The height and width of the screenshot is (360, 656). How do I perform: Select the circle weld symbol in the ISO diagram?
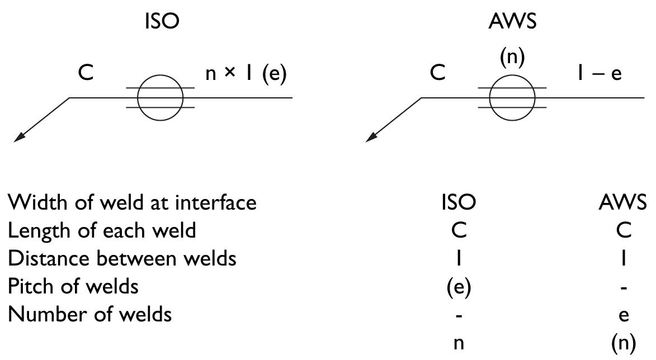tap(161, 98)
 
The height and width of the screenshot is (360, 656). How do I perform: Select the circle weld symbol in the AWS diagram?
tap(512, 98)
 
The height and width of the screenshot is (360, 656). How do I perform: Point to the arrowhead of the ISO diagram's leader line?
tap(18, 138)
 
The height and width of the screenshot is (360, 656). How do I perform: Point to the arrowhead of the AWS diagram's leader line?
tap(371, 138)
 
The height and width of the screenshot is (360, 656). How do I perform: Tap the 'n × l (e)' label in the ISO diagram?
tap(246, 75)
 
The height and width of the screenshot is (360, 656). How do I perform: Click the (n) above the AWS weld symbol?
tap(513, 58)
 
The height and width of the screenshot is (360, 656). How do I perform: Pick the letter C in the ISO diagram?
tap(86, 74)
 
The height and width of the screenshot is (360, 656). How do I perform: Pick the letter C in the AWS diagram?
tap(438, 74)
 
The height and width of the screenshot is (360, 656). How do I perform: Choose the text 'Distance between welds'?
tap(122, 259)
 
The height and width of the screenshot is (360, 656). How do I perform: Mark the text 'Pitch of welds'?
tap(73, 287)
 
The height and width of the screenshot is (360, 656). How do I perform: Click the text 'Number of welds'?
tap(89, 315)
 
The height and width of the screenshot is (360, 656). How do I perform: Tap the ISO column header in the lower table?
tap(459, 202)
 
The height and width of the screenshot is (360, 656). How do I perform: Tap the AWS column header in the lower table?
tap(624, 202)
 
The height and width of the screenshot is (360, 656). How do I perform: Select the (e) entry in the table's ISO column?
tap(459, 287)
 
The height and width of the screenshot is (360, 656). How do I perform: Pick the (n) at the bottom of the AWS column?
tap(624, 344)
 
